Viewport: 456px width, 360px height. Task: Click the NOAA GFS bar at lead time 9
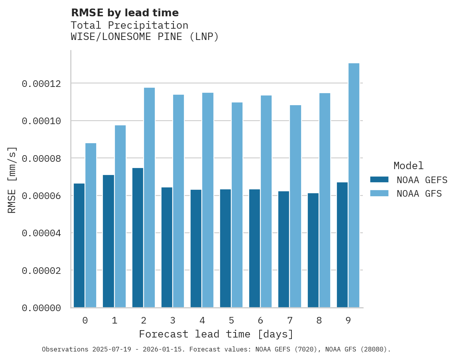354,185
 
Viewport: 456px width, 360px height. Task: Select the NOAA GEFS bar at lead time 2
137,237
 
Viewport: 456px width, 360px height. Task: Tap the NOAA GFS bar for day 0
91,225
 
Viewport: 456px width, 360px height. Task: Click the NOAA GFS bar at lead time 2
149,197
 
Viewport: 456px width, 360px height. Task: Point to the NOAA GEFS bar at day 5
225,248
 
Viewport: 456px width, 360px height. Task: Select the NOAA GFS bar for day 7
295,206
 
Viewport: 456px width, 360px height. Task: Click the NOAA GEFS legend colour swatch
379,179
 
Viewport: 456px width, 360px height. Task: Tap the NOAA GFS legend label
419,193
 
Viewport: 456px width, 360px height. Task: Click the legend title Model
408,166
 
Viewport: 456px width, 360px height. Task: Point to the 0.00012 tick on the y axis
42,84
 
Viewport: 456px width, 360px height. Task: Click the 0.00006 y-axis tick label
42,196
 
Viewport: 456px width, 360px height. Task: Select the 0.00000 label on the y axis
42,308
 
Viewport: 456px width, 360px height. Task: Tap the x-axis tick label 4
202,321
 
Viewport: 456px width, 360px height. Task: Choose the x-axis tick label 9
348,321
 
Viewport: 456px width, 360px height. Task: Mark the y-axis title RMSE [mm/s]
12,180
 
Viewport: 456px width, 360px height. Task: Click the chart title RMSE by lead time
125,13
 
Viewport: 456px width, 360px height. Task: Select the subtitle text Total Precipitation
130,26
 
